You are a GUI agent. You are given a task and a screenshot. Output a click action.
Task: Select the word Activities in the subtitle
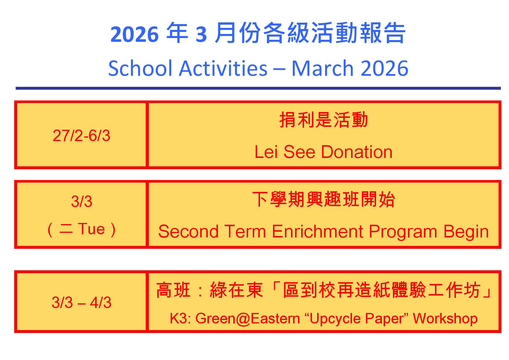point(223,69)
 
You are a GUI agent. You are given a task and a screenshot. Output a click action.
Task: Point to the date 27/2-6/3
point(82,136)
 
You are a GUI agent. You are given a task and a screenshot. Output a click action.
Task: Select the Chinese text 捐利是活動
point(324,120)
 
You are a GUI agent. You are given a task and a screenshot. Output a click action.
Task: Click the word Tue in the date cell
point(91,229)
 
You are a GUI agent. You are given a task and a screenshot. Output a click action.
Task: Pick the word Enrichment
point(317,232)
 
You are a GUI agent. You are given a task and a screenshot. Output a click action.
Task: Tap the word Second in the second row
point(188,232)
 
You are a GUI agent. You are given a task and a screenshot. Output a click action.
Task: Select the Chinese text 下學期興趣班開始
point(324,199)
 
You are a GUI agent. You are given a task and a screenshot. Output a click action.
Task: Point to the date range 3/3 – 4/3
point(82,303)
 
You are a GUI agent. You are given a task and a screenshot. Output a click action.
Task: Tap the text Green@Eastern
point(248,318)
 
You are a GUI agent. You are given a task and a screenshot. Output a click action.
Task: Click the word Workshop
point(445,318)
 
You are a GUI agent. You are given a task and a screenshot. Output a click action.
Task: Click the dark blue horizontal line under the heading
point(258,88)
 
